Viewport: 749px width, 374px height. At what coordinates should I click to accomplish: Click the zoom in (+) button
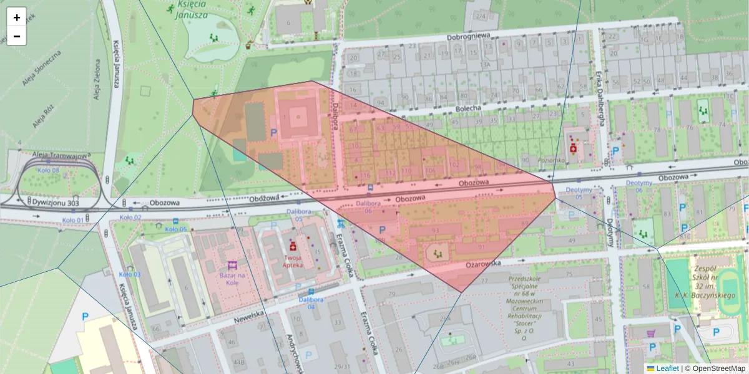(x=16, y=17)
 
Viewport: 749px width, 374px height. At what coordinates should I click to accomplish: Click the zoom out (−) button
(x=16, y=36)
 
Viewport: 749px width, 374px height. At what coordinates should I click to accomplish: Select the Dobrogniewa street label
(x=469, y=36)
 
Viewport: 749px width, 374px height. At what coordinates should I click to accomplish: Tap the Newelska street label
(x=250, y=317)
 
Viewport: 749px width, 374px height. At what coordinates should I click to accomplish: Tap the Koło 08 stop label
(x=48, y=170)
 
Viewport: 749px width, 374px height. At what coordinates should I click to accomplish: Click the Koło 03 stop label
(x=130, y=274)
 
